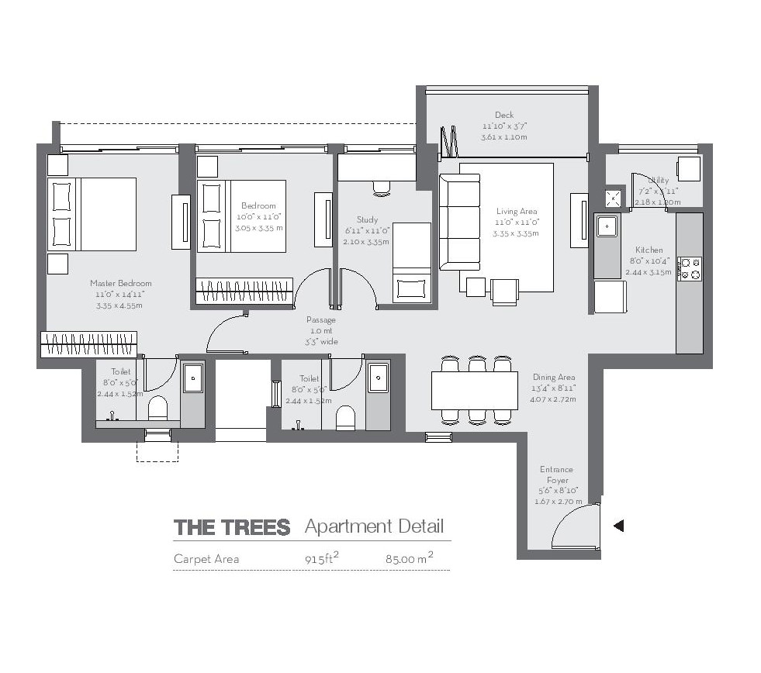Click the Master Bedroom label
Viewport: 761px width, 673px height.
(x=120, y=284)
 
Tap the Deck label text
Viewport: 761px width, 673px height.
(x=504, y=116)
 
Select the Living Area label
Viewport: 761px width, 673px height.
(x=517, y=212)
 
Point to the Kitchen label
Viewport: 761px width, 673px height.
(x=649, y=250)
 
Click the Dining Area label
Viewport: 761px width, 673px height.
(x=554, y=378)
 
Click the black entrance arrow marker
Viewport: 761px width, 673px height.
(x=618, y=526)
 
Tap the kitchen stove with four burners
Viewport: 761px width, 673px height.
(x=689, y=269)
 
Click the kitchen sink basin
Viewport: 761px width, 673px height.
(x=607, y=226)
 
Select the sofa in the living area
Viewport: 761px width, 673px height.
(x=459, y=222)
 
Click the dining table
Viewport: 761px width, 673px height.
(x=474, y=390)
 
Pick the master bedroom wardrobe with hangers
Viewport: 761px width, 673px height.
(x=88, y=340)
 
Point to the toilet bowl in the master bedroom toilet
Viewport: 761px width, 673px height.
(x=158, y=409)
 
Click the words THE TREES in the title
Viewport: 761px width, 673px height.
(x=232, y=528)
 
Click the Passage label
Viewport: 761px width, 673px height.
(x=321, y=320)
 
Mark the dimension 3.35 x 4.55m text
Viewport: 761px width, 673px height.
(x=120, y=305)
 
